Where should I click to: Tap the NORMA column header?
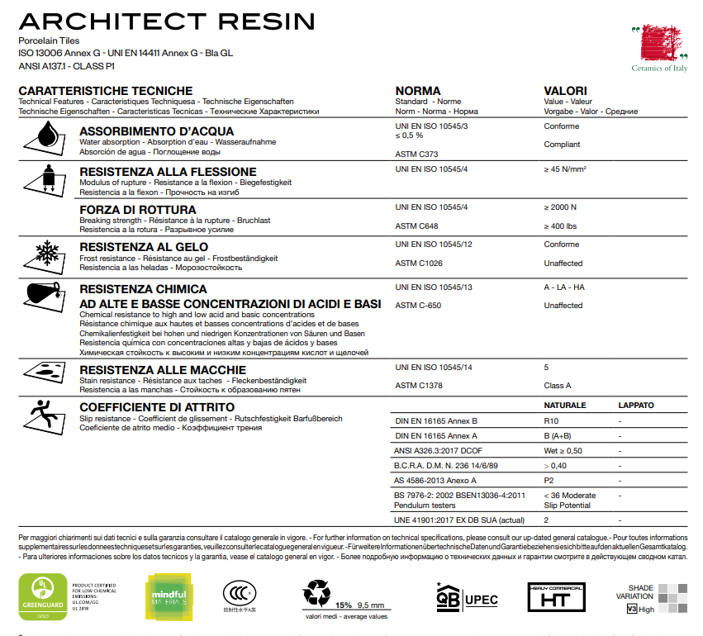(x=418, y=91)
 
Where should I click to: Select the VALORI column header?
(x=565, y=91)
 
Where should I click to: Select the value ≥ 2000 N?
(x=561, y=206)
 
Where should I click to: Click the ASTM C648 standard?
(x=417, y=225)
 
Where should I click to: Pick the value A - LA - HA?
(x=564, y=287)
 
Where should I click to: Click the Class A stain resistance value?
(x=558, y=386)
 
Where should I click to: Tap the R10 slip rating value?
(x=551, y=420)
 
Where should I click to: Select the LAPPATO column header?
(x=635, y=406)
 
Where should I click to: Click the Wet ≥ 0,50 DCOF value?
(x=563, y=450)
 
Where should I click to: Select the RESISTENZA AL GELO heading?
(x=144, y=246)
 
